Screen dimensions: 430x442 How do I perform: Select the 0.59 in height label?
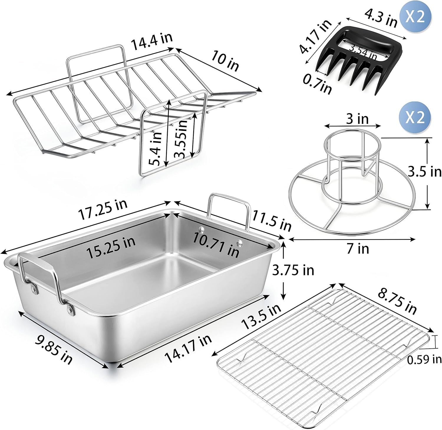[x=424, y=359]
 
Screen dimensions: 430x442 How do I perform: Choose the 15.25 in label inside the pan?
[x=111, y=247]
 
